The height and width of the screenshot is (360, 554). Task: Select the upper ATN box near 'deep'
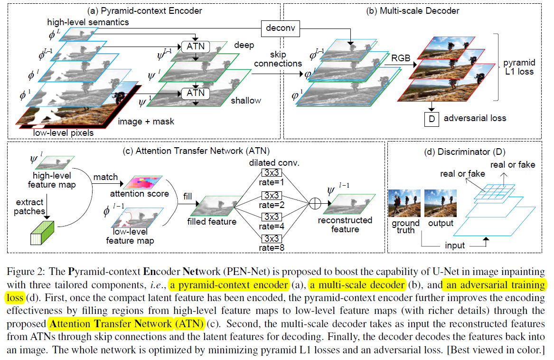coord(195,47)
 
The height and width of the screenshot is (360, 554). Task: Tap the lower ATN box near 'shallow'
coord(195,94)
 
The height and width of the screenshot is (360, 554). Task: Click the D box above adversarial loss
coord(432,119)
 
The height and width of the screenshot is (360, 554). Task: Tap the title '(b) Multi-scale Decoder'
coord(411,10)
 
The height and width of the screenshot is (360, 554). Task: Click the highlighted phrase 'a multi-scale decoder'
coord(357,285)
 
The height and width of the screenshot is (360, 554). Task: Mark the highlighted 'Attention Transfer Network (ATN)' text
coord(126,324)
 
